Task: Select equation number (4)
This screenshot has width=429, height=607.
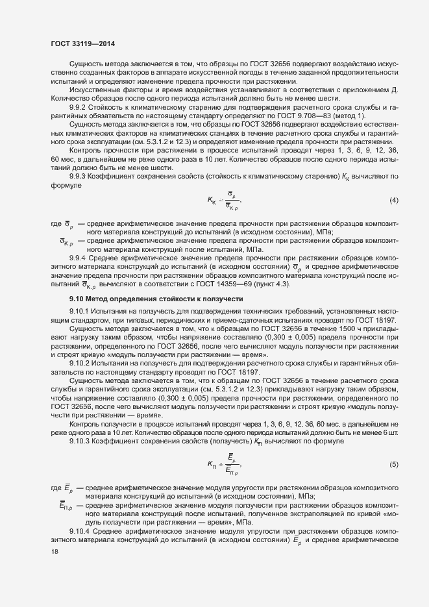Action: [393, 200]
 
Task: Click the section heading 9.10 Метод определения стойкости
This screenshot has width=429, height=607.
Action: [156, 299]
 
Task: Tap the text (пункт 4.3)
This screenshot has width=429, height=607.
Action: [268, 285]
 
